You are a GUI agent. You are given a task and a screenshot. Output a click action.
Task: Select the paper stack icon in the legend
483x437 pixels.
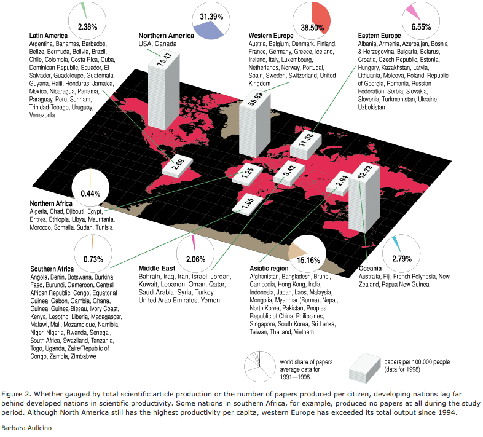365,366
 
